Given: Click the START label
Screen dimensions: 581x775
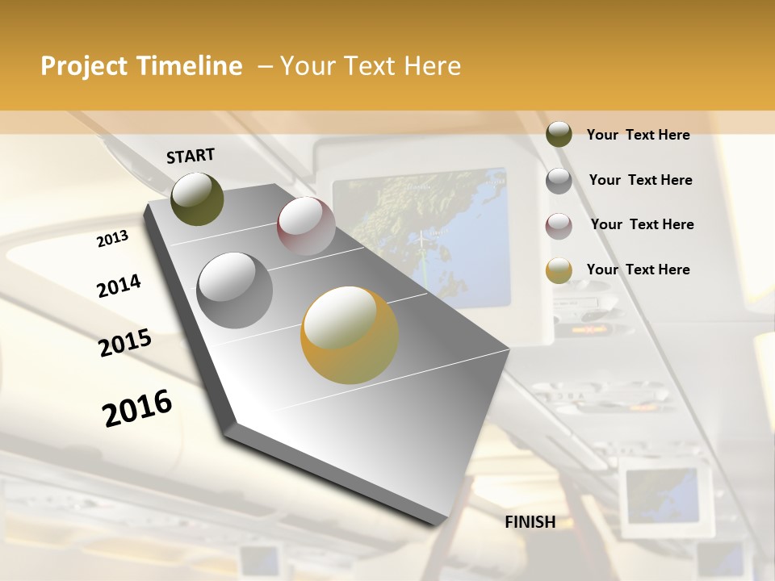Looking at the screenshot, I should [191, 156].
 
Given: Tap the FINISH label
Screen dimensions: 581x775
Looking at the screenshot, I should [530, 522].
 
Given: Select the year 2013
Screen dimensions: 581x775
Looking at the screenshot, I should [112, 239].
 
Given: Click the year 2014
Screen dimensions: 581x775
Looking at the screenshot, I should [119, 286].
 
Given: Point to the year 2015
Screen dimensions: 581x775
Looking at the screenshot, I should [125, 343].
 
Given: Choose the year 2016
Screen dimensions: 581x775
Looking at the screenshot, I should [137, 408].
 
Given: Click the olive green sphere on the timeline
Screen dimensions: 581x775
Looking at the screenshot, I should [197, 199].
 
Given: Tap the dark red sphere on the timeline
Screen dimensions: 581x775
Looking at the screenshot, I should [306, 226].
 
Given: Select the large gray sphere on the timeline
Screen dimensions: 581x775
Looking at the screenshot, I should [235, 290].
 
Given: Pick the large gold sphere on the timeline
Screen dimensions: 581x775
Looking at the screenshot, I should [350, 335].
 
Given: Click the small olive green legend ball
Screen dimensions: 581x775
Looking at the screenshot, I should [559, 135].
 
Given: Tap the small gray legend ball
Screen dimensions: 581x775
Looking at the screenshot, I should [559, 181].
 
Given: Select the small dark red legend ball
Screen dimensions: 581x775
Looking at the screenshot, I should [559, 226].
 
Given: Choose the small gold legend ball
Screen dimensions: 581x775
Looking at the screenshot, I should [559, 270].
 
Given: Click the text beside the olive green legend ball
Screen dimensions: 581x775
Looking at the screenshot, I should [638, 135].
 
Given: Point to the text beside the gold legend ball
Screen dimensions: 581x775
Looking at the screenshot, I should [638, 270].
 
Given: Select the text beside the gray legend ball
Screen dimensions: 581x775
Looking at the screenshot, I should [640, 180].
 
